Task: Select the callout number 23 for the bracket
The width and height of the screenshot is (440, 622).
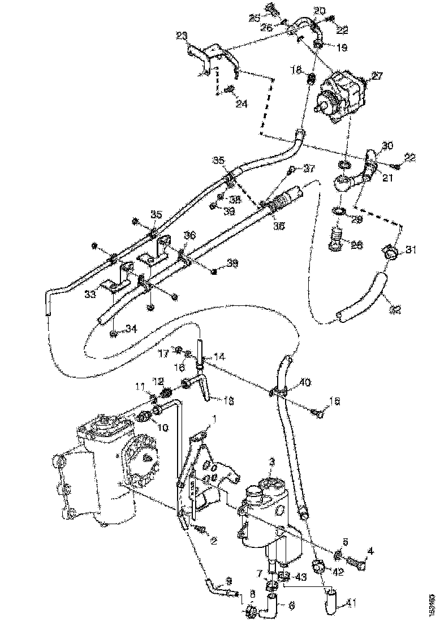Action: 182,35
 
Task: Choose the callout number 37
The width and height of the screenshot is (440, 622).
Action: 308,167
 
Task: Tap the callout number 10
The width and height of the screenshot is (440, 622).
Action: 163,428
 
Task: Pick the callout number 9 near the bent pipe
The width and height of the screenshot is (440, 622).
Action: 229,580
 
